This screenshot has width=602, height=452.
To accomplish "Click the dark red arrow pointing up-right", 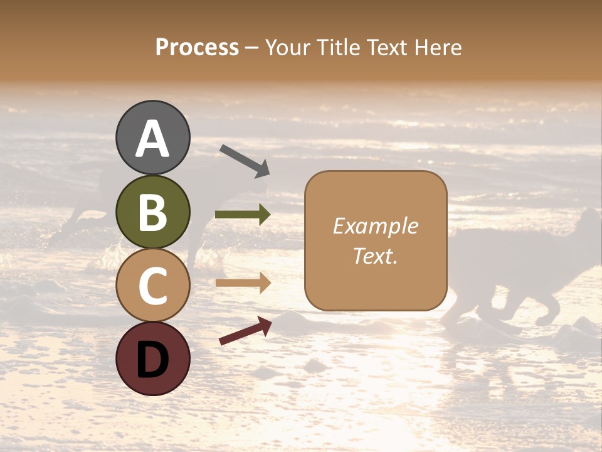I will click(x=245, y=331).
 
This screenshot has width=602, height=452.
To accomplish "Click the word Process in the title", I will click(x=197, y=48).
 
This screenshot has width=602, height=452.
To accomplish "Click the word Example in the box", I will click(x=376, y=226).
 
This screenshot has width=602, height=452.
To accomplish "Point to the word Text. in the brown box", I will click(x=376, y=256).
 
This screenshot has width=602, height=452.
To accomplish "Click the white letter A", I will click(x=152, y=139).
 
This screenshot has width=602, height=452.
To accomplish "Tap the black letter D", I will click(x=152, y=360).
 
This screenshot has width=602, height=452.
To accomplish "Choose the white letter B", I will click(x=152, y=212).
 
